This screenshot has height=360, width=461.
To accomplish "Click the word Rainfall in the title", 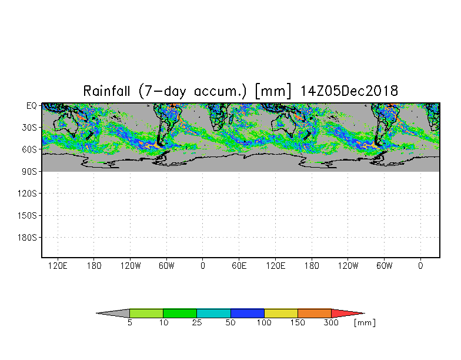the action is click(106, 91).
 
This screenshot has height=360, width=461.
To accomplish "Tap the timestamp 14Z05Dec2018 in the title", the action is click(349, 91).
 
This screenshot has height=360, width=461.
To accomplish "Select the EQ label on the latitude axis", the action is click(32, 106).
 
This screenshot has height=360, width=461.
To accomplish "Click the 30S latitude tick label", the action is click(29, 128).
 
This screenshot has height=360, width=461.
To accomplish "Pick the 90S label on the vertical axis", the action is click(29, 172).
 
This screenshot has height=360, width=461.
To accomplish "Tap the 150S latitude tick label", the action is click(27, 215).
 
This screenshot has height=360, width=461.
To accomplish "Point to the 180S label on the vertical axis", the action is click(27, 238).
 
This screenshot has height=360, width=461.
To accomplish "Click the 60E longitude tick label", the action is click(239, 266).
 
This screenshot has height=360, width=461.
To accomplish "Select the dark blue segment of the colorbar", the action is click(247, 313).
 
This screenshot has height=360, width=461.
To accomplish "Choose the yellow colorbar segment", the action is click(281, 313).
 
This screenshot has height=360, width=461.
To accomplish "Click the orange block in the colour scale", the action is click(314, 313).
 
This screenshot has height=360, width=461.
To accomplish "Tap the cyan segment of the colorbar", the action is click(214, 313).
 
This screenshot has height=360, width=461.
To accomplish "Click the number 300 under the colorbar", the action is click(331, 322).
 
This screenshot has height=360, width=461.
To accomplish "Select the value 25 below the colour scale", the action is click(197, 322).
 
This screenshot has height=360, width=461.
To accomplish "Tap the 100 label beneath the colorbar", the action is click(264, 322).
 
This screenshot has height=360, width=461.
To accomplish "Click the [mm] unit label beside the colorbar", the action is click(365, 323).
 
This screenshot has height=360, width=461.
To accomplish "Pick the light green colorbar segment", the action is click(146, 313).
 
